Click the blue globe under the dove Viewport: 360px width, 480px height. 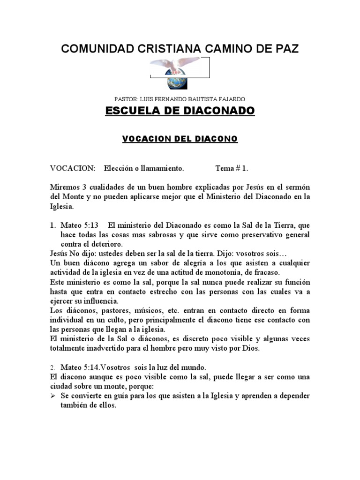(180, 83)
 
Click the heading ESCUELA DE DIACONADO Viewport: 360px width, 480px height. (180, 111)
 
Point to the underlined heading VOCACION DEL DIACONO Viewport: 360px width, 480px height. (180, 139)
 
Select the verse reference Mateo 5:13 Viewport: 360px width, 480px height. (80, 225)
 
